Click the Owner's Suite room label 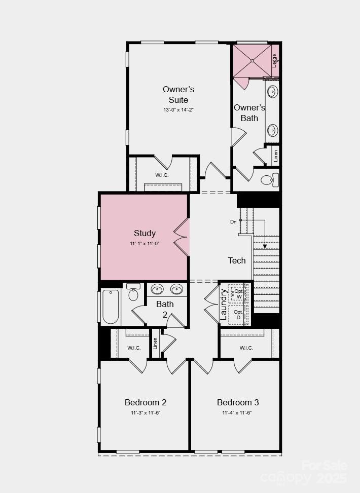[178, 94]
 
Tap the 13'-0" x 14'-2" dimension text [178, 109]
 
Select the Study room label [145, 233]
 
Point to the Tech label [237, 260]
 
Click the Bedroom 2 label [146, 402]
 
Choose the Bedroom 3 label [238, 402]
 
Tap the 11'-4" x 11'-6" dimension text [237, 413]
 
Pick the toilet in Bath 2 [133, 293]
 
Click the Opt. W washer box [238, 294]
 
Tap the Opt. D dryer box [238, 315]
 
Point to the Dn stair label [233, 222]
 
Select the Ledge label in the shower [274, 60]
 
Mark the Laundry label [224, 305]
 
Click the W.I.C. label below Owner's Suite [162, 175]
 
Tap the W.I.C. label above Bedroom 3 [246, 348]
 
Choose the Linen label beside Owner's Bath [276, 156]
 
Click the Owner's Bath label [249, 112]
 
